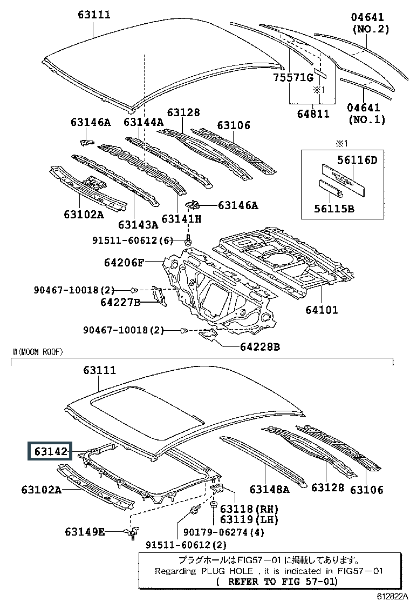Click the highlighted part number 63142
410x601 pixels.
[51, 451]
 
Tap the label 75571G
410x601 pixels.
[293, 78]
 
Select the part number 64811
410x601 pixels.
[313, 113]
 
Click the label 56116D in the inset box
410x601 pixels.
[357, 160]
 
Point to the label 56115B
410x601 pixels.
[334, 209]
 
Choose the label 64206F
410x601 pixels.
[124, 263]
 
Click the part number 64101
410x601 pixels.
[322, 309]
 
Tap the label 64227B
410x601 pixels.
[120, 302]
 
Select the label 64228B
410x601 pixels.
[260, 347]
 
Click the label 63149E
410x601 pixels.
[85, 532]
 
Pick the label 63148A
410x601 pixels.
[269, 489]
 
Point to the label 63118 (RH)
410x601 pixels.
[249, 509]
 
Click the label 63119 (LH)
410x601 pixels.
[249, 520]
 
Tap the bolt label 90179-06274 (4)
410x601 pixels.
[224, 532]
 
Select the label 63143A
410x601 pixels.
[138, 225]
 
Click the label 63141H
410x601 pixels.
[181, 219]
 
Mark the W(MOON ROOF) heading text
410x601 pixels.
[37, 352]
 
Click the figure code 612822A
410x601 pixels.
[392, 596]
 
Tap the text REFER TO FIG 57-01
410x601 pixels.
[283, 582]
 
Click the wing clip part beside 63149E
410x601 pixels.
[132, 532]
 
